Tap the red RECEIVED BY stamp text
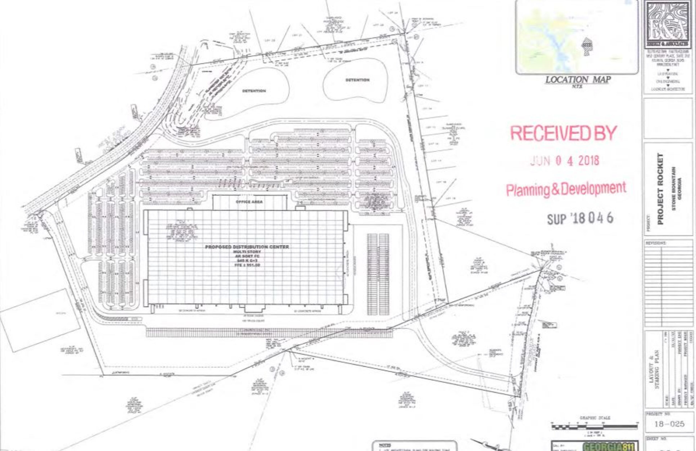tap(563, 133)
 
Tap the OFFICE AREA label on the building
tap(249, 202)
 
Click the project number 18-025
tap(670, 424)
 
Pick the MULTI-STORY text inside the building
tap(247, 252)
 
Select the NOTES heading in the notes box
tap(382, 445)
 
